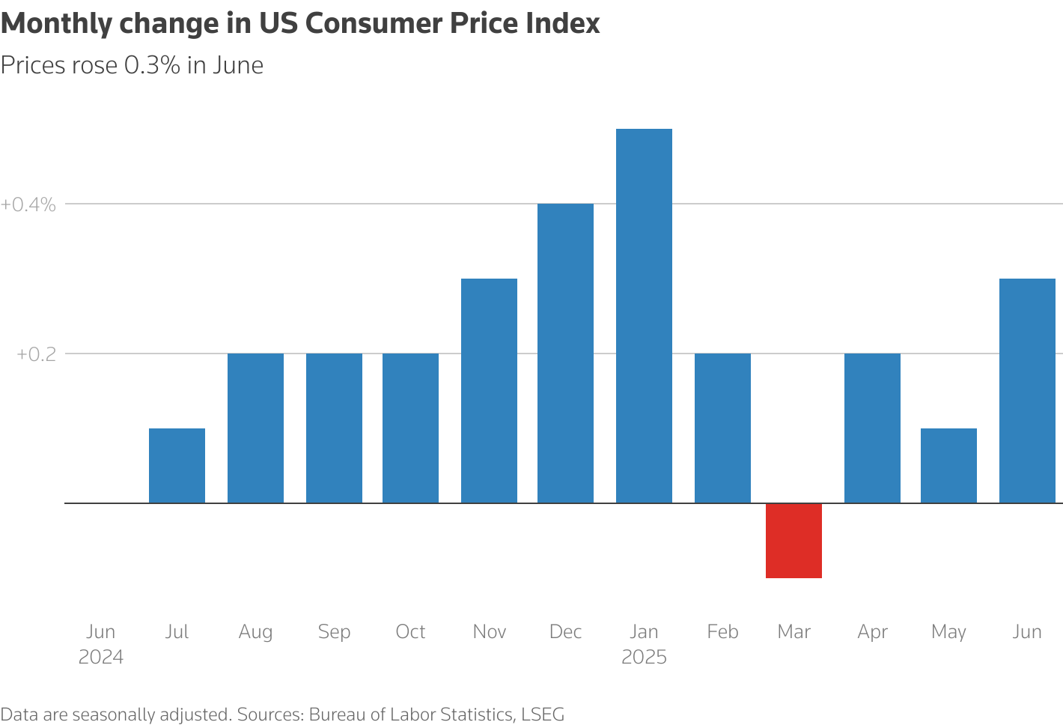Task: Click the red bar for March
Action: (x=794, y=540)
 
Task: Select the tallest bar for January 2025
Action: (x=644, y=315)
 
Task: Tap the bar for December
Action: (x=565, y=353)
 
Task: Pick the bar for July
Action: (x=177, y=465)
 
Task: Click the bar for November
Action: (x=489, y=390)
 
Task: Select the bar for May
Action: (x=948, y=465)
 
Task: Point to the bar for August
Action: (x=255, y=428)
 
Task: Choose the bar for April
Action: (x=872, y=428)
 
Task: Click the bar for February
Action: (x=722, y=428)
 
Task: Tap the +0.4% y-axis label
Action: (x=28, y=204)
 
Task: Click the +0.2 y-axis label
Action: (x=36, y=354)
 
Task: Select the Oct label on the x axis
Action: (x=410, y=631)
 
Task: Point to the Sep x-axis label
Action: (x=334, y=631)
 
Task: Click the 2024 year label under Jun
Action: (x=101, y=657)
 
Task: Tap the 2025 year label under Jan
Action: (x=644, y=657)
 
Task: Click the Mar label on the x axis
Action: (x=794, y=631)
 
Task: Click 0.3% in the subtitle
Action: (x=152, y=66)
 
